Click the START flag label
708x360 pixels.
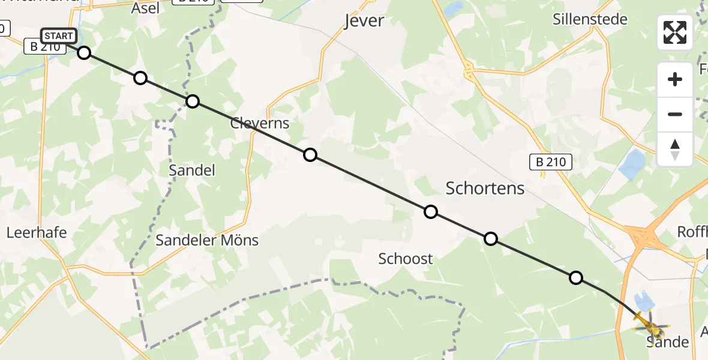(59, 36)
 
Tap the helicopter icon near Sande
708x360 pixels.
(649, 325)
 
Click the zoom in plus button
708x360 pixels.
(675, 79)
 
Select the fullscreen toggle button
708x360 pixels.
(675, 32)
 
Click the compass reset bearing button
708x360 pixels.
(675, 149)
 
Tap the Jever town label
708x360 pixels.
(364, 21)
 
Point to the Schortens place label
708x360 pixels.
(485, 188)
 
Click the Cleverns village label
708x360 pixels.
(260, 124)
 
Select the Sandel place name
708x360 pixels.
(191, 170)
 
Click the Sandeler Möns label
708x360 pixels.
(207, 241)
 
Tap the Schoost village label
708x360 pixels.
(405, 259)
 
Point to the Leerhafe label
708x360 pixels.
(37, 232)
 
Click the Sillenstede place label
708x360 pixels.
(590, 19)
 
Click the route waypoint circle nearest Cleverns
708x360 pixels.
(310, 155)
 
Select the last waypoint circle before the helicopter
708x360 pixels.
(575, 277)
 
